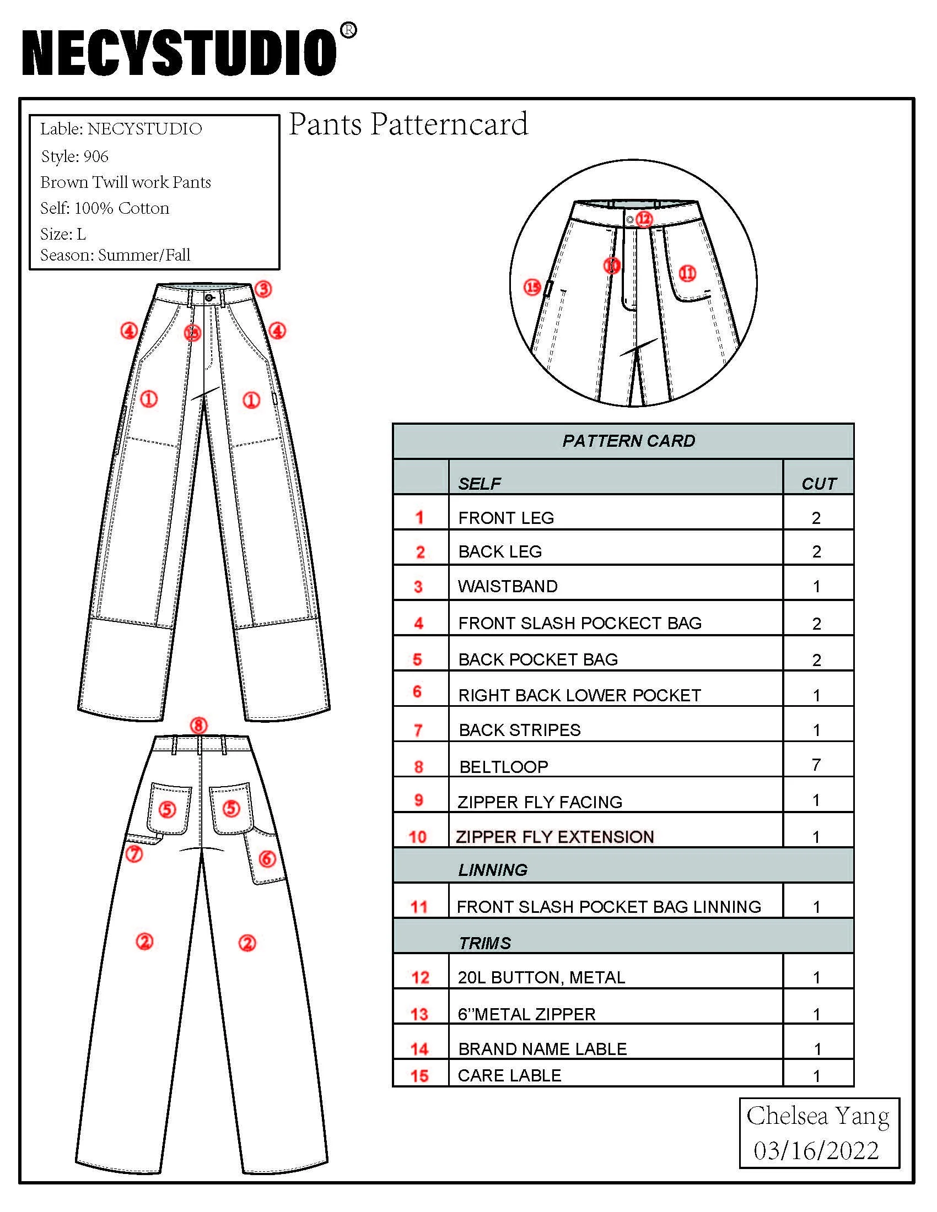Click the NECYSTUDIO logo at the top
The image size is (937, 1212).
[179, 53]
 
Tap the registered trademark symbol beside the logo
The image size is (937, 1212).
[348, 30]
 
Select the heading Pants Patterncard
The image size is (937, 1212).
[408, 124]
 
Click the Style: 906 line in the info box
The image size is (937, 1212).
[74, 156]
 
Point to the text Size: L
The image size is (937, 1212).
[63, 234]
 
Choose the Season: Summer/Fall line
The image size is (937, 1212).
[115, 255]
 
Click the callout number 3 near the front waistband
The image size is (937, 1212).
[263, 289]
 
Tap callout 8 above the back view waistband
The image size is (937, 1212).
[199, 726]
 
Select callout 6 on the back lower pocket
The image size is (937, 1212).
[267, 858]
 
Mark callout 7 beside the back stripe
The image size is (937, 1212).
[134, 853]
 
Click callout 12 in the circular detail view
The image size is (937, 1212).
[643, 219]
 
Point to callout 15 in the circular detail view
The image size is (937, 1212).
[532, 287]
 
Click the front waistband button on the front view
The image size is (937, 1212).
[209, 298]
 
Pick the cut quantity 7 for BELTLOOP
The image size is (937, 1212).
[816, 765]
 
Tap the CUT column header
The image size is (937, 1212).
[818, 484]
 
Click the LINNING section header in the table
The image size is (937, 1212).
[492, 869]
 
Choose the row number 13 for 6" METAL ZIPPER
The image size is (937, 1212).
[419, 1014]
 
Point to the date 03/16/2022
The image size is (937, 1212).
[816, 1151]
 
